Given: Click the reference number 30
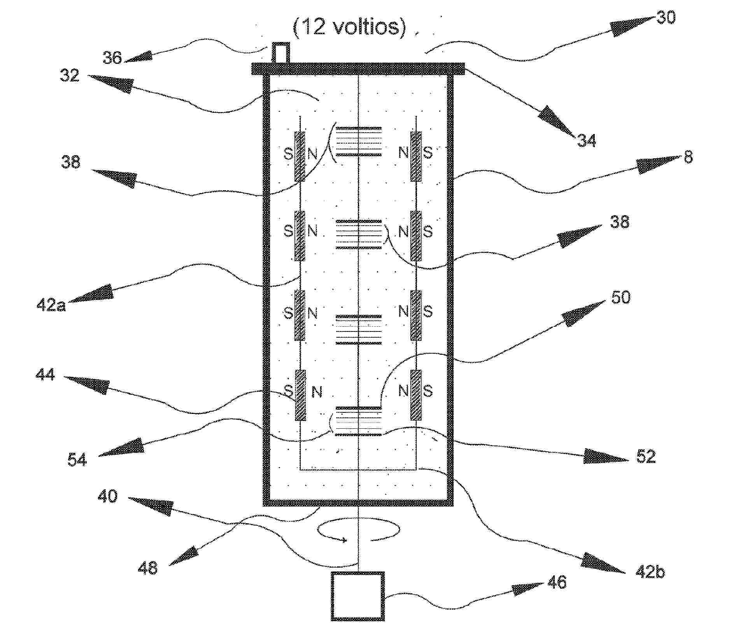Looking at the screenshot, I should (666, 18).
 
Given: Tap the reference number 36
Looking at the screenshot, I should (112, 58).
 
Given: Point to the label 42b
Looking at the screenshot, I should (650, 571).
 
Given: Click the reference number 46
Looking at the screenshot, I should (556, 582).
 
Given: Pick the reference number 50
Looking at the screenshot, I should (620, 297).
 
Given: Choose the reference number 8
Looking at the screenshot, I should (688, 158).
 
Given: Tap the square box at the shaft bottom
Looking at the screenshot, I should (358, 596).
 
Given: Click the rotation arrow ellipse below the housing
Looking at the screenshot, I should (358, 529).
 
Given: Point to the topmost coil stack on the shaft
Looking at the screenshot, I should (358, 141).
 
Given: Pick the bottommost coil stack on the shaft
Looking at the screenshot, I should (358, 421).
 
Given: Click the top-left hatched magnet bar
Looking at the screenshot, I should (300, 156).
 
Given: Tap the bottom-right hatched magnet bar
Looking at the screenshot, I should (416, 395).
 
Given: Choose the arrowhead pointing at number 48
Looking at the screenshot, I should (185, 556).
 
